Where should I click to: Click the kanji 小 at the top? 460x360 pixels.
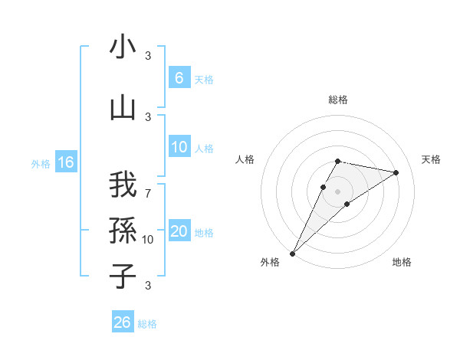coord(123,47)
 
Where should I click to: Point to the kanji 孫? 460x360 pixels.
coord(123,229)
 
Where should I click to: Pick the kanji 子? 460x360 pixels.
coord(123,276)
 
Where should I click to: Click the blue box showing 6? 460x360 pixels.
coord(179,78)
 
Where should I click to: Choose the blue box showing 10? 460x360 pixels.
coord(179,148)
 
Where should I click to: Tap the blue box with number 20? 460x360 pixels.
coord(179,232)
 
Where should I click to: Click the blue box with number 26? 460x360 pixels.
coord(122,322)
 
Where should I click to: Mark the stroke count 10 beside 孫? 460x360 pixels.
coord(148,240)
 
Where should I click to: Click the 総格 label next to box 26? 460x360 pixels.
coord(147,324)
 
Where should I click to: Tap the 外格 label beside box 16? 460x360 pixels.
coord(40,163)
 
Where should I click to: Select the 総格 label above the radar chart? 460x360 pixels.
coord(337,100)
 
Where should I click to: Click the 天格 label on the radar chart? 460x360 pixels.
coord(432,159)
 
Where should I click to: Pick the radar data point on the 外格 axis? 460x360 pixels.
coord(292,253)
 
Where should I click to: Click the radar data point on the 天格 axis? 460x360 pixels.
coord(396,172)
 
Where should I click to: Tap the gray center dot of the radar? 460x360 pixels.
coord(337,191)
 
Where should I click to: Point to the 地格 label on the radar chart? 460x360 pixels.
coord(402,262)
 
